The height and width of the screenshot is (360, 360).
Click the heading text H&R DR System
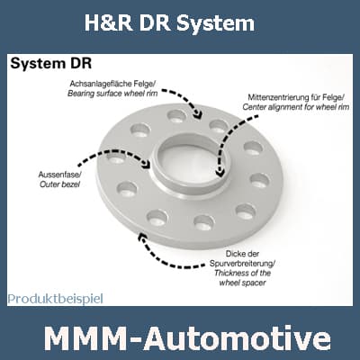[169, 23]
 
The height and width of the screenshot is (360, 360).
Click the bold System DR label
[51, 64]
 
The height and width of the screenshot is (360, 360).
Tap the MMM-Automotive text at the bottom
[188, 339]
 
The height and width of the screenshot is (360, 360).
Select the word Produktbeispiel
[56, 299]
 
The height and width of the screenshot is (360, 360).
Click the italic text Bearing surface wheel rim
[112, 94]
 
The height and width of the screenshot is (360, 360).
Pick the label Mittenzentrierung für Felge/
[296, 97]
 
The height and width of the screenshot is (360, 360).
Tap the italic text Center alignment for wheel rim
[296, 107]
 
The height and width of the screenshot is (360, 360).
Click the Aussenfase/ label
[59, 175]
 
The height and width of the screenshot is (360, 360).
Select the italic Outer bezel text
[59, 184]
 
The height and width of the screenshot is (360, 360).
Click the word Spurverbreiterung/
[242, 264]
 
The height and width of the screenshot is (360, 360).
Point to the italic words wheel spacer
[242, 283]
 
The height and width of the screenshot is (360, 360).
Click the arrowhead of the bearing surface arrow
[197, 114]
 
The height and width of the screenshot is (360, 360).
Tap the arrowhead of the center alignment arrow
[220, 173]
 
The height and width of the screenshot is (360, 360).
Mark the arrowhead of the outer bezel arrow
[147, 164]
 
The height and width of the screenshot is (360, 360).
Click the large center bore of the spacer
[187, 162]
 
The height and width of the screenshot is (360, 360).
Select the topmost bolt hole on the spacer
[176, 116]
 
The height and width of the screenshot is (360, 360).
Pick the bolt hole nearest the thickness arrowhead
[157, 218]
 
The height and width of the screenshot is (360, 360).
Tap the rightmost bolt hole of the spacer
[260, 181]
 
